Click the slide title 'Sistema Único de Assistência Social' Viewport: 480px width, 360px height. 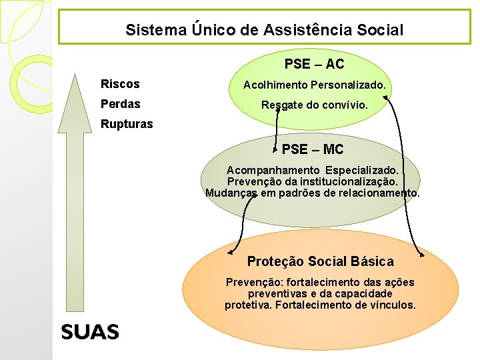(265, 30)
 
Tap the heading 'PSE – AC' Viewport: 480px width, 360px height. (314, 64)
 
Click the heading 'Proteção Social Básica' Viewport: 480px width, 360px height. (320, 261)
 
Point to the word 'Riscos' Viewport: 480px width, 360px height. (120, 84)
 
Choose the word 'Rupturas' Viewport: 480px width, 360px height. (127, 124)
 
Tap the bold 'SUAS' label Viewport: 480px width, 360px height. (90, 331)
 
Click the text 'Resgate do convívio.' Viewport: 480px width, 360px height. (315, 105)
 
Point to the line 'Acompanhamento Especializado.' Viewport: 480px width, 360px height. (313, 171)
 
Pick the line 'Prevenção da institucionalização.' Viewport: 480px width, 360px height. (313, 181)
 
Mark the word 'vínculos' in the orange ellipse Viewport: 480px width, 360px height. (393, 305)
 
